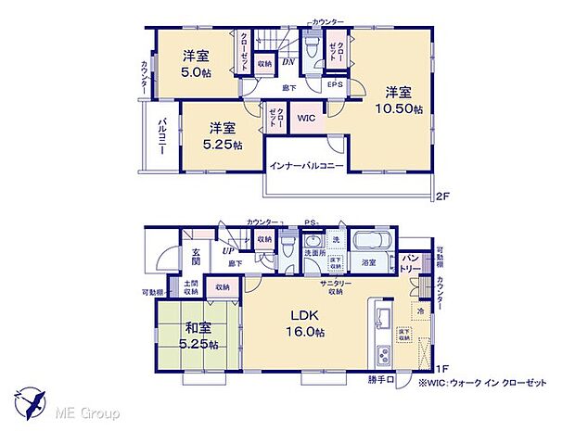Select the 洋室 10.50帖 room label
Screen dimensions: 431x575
click(399, 100)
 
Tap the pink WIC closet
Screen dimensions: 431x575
click(306, 119)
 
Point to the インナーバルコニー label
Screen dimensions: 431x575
click(307, 166)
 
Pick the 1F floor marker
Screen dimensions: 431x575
click(444, 369)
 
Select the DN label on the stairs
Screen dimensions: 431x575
click(288, 63)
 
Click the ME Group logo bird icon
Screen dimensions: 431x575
click(31, 401)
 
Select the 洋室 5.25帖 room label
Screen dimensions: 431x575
click(222, 135)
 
